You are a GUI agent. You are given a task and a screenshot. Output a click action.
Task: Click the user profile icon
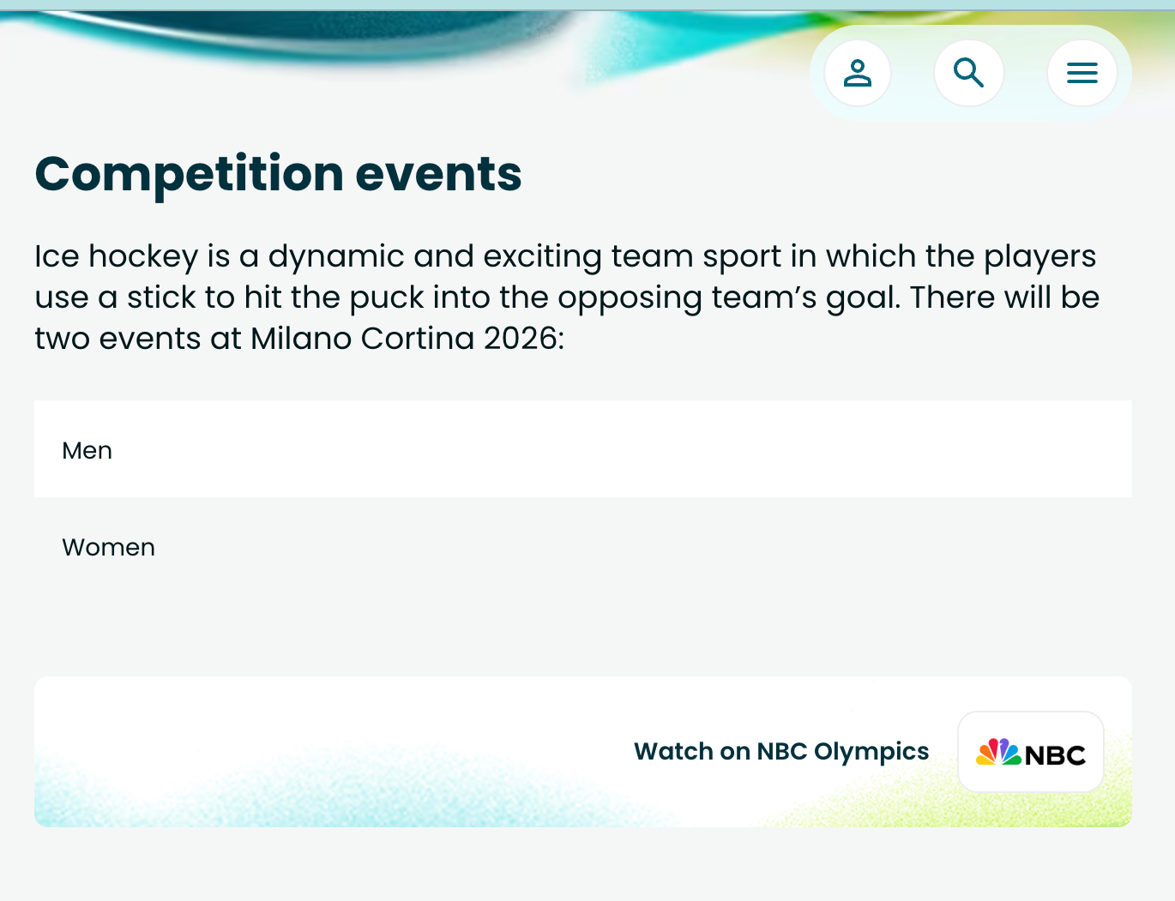(857, 73)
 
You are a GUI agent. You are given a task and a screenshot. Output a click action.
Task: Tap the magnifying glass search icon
(968, 73)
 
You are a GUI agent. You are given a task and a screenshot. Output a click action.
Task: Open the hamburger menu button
(1082, 73)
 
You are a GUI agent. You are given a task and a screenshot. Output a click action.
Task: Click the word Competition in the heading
(190, 175)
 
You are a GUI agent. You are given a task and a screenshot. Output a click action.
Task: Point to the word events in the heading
(438, 175)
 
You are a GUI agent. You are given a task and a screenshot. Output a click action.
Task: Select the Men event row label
(87, 450)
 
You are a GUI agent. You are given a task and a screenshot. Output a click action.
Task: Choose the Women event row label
(109, 547)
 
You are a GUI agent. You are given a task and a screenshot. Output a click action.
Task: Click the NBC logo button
(1031, 752)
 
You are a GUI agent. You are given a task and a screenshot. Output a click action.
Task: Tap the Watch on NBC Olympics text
(781, 751)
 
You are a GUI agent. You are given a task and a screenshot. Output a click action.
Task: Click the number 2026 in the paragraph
(523, 339)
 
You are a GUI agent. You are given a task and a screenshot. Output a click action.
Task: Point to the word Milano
(301, 339)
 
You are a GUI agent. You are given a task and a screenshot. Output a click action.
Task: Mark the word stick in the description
(161, 297)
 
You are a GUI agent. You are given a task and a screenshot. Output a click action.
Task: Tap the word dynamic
(336, 257)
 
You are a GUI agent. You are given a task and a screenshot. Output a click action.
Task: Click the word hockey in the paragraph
(143, 257)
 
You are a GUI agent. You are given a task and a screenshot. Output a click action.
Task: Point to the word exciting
(542, 257)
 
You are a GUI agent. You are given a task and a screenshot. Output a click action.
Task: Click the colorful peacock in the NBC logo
(998, 752)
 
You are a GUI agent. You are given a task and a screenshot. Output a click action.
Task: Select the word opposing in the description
(630, 298)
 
